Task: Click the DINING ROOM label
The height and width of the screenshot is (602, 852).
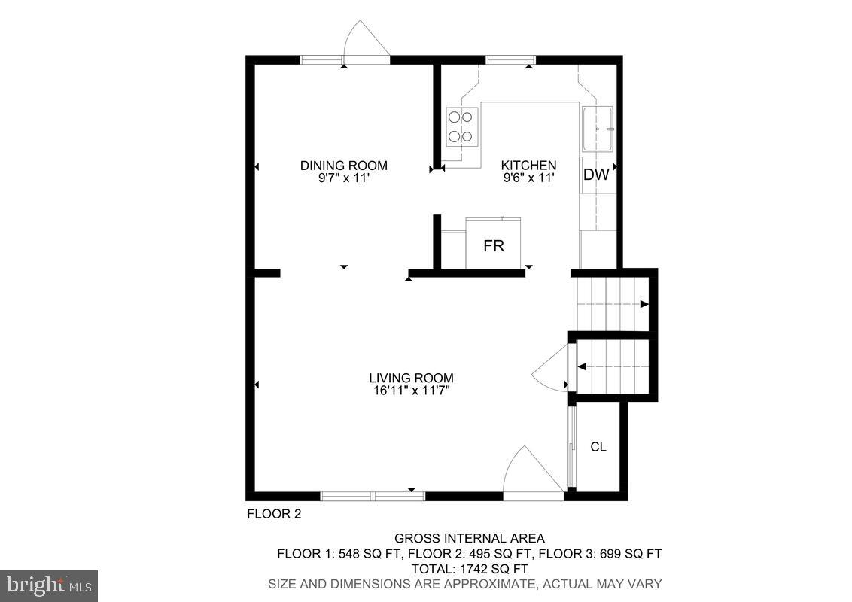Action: click(343, 166)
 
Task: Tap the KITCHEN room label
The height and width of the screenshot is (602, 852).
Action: click(529, 166)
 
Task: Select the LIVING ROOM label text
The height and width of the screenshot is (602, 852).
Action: click(411, 378)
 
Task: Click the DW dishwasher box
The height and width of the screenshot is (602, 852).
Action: click(596, 175)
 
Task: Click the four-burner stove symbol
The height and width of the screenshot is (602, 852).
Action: click(461, 126)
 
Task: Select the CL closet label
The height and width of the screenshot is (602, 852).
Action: click(598, 447)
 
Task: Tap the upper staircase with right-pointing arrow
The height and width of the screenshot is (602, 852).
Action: click(611, 303)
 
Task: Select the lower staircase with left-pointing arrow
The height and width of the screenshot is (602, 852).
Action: click(612, 366)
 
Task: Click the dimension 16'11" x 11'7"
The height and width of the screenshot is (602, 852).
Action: click(411, 391)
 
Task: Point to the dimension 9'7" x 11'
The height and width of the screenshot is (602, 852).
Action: click(343, 178)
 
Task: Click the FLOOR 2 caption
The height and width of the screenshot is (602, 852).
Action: click(274, 515)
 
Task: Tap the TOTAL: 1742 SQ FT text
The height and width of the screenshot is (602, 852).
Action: click(469, 569)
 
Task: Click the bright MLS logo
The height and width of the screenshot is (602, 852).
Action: click(49, 585)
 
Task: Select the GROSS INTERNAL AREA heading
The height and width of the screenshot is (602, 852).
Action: click(469, 538)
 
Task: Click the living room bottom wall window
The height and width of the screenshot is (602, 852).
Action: click(373, 496)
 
